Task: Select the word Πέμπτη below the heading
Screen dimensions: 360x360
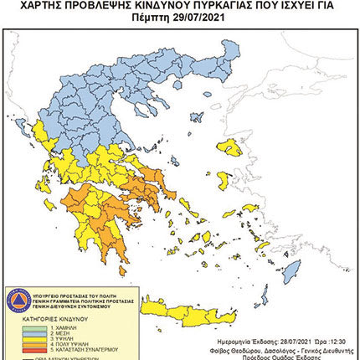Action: (152, 16)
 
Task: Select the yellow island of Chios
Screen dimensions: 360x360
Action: (224, 178)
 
